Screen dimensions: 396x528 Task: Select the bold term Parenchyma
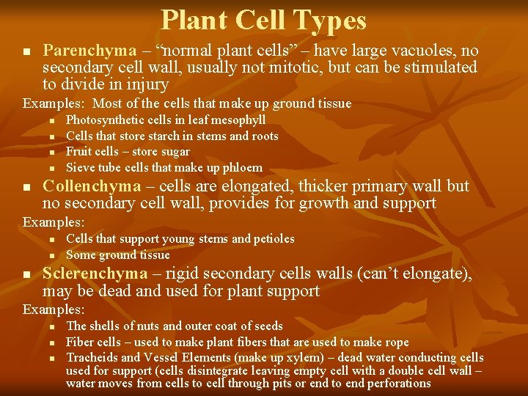pos(89,51)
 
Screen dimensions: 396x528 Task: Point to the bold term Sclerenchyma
pos(95,274)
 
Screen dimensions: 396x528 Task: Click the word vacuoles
pos(425,51)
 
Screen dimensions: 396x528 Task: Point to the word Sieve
pos(80,169)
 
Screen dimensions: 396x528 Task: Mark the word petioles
pos(274,239)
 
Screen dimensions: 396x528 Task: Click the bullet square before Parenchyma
pos(26,52)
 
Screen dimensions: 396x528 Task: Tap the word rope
pos(397,342)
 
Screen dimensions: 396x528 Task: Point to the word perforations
pos(396,384)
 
